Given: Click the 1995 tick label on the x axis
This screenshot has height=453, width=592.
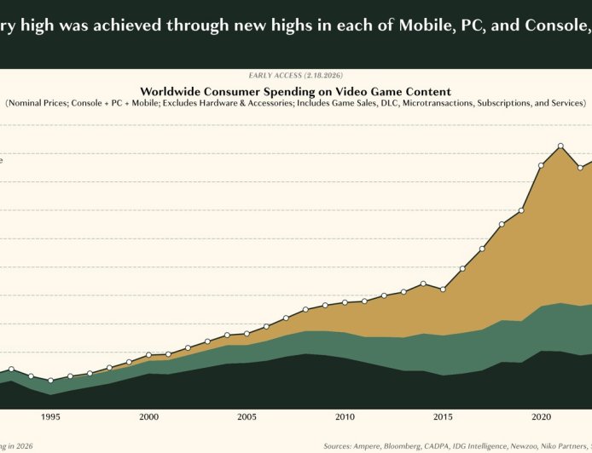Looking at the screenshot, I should (50, 417).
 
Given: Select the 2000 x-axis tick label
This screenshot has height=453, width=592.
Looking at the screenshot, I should (148, 417).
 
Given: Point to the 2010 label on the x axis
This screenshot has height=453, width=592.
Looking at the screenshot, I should (345, 417).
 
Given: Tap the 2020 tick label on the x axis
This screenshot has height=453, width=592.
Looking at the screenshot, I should (541, 417).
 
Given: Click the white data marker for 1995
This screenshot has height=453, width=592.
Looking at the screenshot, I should (50, 381).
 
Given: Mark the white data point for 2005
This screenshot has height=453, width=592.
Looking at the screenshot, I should (247, 333).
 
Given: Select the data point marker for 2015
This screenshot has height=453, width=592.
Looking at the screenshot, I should (443, 290).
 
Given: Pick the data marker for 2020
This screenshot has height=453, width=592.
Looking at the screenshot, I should (541, 165).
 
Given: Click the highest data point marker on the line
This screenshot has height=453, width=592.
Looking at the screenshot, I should (560, 146).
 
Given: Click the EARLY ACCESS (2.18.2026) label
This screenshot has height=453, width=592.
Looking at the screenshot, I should (295, 76).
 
